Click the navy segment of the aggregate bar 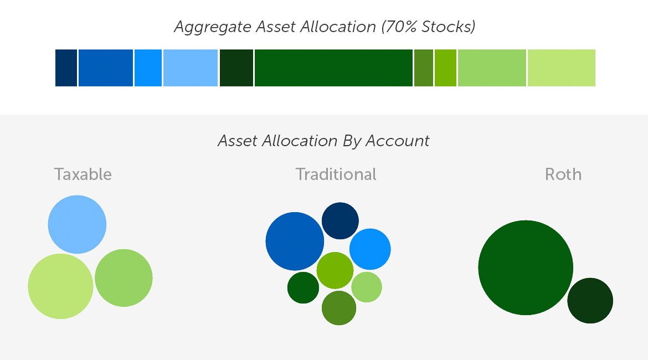click(x=66, y=68)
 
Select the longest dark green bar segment click(x=333, y=68)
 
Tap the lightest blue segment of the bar click(x=190, y=68)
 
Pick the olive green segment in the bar click(x=423, y=68)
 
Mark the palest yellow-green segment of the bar click(x=561, y=68)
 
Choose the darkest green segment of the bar click(x=236, y=68)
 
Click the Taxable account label click(x=83, y=174)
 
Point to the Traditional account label click(x=336, y=174)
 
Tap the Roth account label click(x=563, y=174)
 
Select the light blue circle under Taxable click(x=77, y=224)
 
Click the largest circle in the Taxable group click(x=60, y=286)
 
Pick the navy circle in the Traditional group click(x=340, y=221)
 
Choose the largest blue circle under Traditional click(x=295, y=241)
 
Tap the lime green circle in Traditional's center click(x=335, y=270)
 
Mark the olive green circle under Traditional click(x=339, y=308)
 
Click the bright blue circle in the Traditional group click(x=370, y=249)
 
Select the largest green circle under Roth click(x=526, y=268)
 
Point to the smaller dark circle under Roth click(x=590, y=301)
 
